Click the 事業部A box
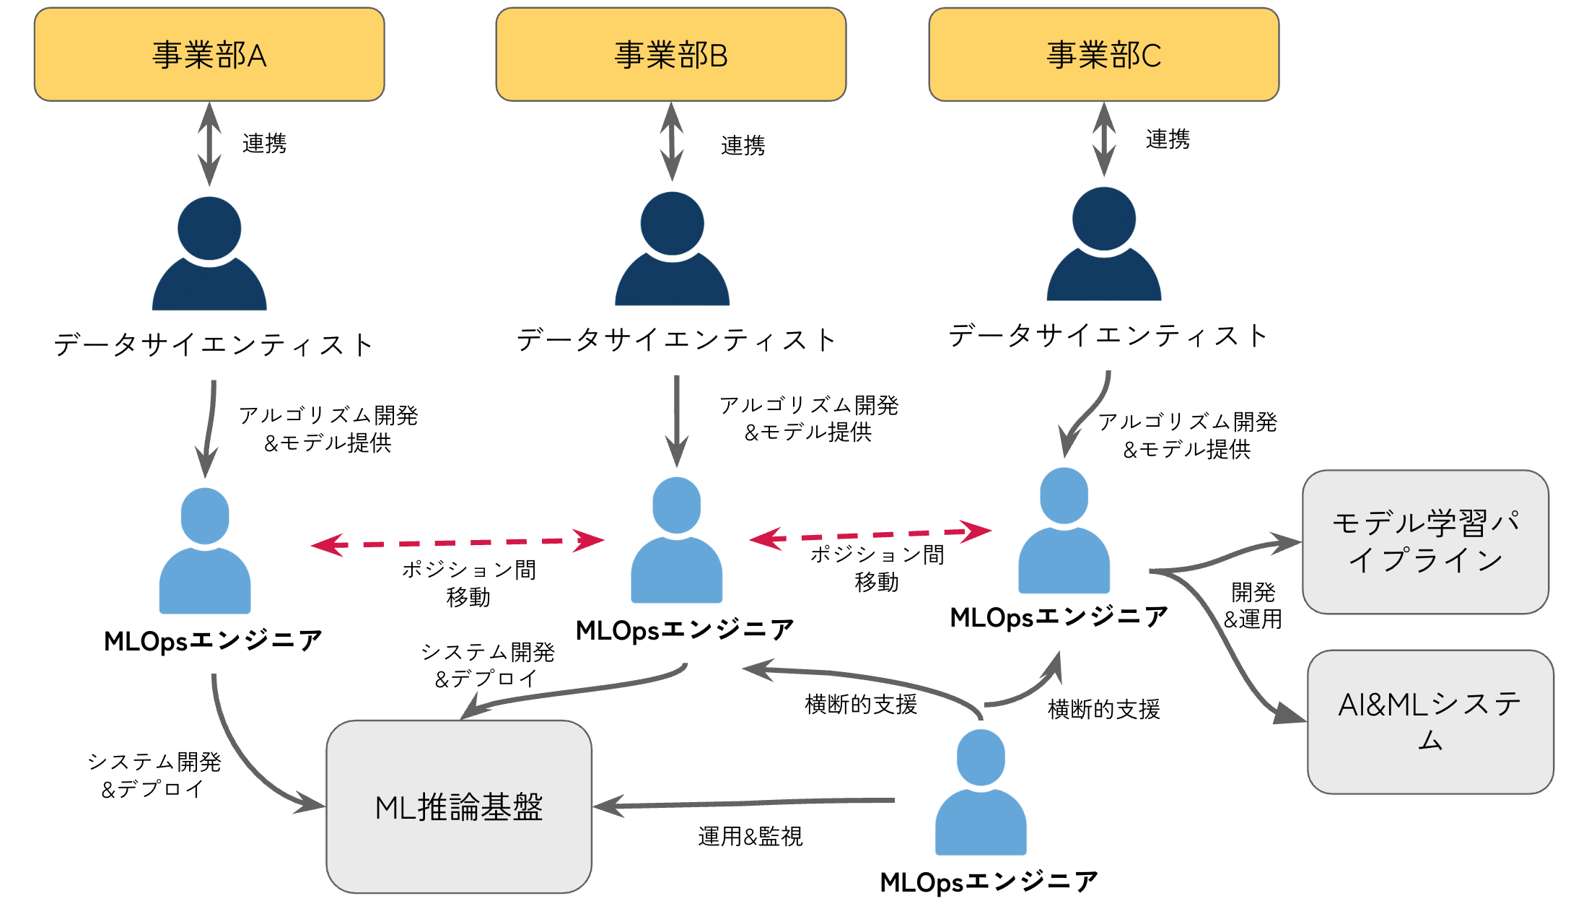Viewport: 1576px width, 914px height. click(x=209, y=55)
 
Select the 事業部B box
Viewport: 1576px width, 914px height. click(x=671, y=55)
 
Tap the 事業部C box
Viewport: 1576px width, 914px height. click(x=1104, y=55)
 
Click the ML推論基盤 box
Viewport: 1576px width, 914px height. click(x=459, y=806)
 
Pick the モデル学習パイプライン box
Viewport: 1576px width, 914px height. click(x=1425, y=541)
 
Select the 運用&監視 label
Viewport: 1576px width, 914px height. click(x=750, y=836)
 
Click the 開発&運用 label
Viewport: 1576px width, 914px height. click(x=1253, y=606)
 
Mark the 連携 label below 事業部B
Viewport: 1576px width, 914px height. click(x=743, y=145)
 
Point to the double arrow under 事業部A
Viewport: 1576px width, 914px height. click(x=209, y=144)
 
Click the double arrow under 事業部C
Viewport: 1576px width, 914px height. click(x=1104, y=139)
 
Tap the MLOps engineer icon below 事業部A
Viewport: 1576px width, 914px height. click(x=205, y=552)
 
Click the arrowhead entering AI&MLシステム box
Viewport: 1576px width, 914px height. click(x=1291, y=714)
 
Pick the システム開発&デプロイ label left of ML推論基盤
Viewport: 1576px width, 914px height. click(x=154, y=775)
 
